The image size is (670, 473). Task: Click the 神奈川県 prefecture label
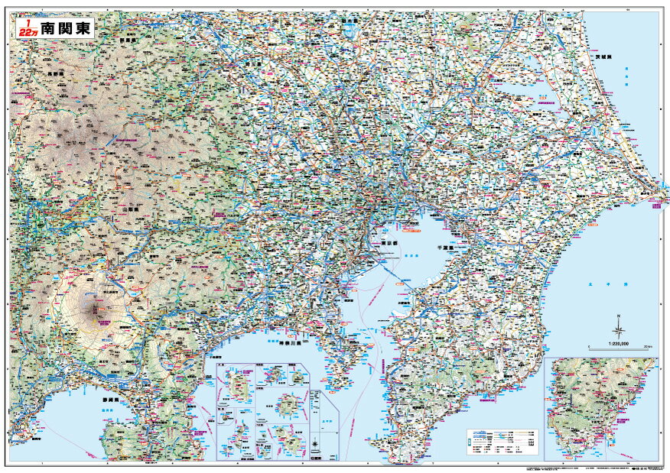pyautogui.click(x=287, y=344)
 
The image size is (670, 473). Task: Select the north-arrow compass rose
pyautogui.click(x=618, y=330)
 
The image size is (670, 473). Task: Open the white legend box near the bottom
pyautogui.click(x=502, y=442)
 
